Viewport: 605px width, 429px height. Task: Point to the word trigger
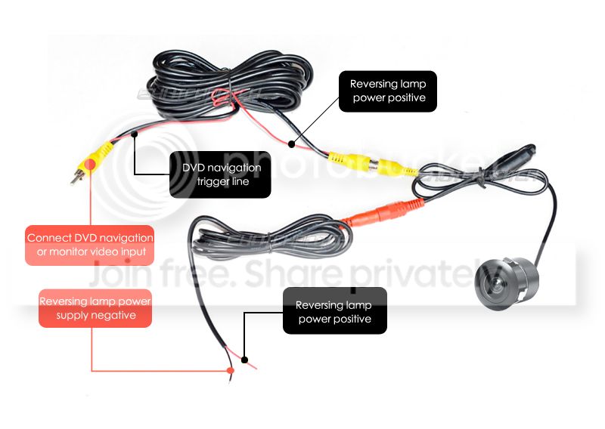211,181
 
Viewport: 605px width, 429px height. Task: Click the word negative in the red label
115,315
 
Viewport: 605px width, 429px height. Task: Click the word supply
76,315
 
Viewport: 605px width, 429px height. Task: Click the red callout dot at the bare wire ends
231,371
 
